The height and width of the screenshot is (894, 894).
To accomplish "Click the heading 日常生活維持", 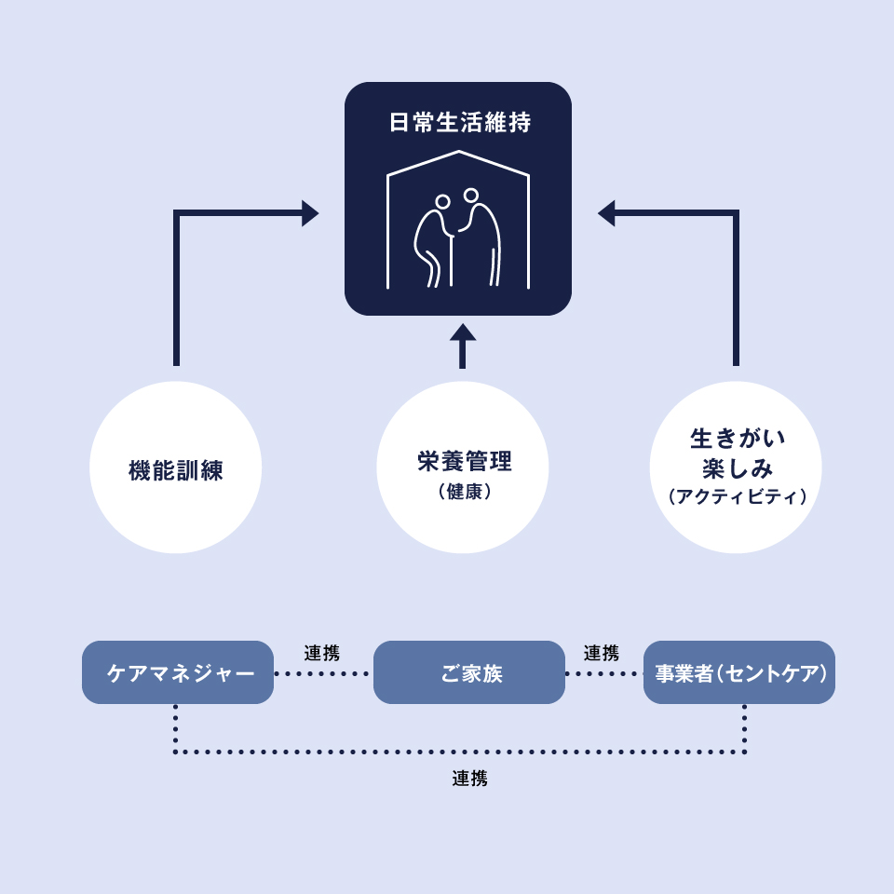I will pyautogui.click(x=459, y=123).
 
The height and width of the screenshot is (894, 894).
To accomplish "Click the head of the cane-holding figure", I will pyautogui.click(x=442, y=202).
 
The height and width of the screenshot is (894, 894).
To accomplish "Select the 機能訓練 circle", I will pyautogui.click(x=176, y=467).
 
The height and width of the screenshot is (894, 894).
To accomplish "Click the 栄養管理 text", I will pyautogui.click(x=464, y=461).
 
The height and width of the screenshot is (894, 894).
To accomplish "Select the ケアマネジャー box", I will pyautogui.click(x=178, y=672).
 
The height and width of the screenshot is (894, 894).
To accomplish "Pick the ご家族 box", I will pyautogui.click(x=469, y=672).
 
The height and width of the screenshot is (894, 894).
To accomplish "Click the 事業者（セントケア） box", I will pyautogui.click(x=739, y=672).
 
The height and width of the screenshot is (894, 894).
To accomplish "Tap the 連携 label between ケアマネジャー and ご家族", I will pyautogui.click(x=322, y=653).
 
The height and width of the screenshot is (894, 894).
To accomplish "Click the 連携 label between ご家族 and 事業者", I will pyautogui.click(x=602, y=653).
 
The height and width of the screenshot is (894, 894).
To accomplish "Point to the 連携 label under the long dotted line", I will pyautogui.click(x=470, y=779).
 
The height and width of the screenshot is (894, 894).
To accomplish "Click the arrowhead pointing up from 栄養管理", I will pyautogui.click(x=463, y=333).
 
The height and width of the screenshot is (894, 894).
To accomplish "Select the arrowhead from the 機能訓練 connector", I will pyautogui.click(x=309, y=213).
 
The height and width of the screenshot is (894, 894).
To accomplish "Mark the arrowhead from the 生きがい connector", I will pyautogui.click(x=607, y=213).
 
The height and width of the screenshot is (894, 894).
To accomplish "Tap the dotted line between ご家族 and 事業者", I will pyautogui.click(x=603, y=673).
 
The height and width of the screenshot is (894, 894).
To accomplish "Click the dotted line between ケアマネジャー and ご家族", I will pyautogui.click(x=323, y=673).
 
